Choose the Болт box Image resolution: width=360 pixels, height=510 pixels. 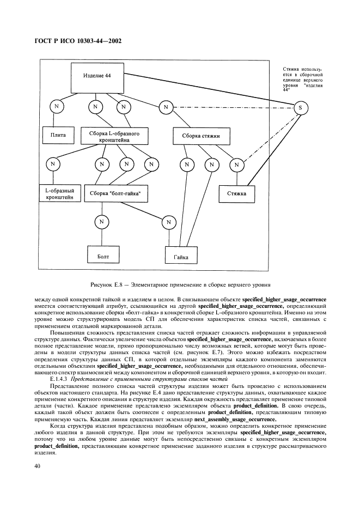pyautogui.click(x=103, y=255)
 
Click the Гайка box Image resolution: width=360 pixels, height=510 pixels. pyautogui.click(x=181, y=256)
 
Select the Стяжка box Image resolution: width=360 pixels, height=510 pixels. pyautogui.click(x=236, y=193)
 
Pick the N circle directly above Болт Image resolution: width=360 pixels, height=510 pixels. pyautogui.click(x=101, y=222)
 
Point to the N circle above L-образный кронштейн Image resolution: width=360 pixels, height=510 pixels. pyautogui.click(x=53, y=163)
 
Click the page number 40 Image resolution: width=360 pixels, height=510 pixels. pyautogui.click(x=38, y=466)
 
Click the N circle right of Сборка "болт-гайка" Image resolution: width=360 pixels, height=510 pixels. pyautogui.click(x=169, y=222)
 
